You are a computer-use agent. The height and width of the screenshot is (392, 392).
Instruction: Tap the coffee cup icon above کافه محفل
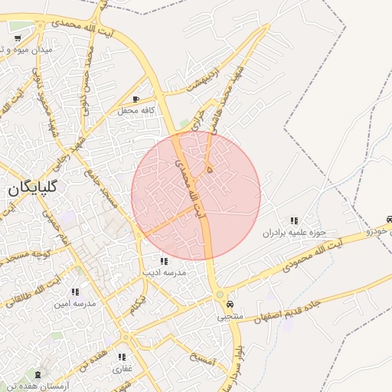(136, 100)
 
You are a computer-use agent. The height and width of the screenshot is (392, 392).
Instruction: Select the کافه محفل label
(137, 111)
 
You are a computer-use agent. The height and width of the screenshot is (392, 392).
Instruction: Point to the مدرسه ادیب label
(164, 272)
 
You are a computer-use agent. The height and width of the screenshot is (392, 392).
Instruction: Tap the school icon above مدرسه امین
(75, 292)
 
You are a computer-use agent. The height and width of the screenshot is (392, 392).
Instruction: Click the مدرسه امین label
(74, 303)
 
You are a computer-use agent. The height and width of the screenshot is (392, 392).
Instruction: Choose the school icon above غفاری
(122, 357)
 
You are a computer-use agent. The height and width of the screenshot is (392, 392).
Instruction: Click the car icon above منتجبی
(230, 304)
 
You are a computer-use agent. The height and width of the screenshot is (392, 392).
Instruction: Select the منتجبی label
(230, 315)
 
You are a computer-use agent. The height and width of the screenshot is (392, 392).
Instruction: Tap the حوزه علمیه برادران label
(295, 233)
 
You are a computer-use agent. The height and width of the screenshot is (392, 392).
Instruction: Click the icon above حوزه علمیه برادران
(295, 221)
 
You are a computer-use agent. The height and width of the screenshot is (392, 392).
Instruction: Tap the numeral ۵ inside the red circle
(210, 162)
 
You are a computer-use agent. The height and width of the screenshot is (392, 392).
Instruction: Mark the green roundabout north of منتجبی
(220, 294)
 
